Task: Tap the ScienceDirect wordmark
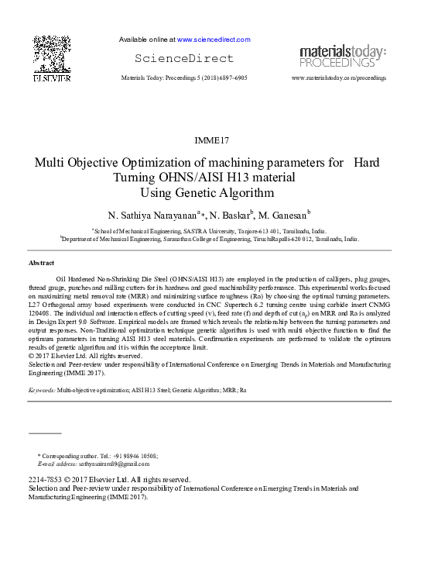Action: (183, 59)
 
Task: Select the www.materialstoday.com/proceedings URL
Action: (339, 78)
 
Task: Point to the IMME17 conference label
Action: (211, 140)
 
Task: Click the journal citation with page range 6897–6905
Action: (184, 78)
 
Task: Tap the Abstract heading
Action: (41, 264)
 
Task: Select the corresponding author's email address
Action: (114, 464)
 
